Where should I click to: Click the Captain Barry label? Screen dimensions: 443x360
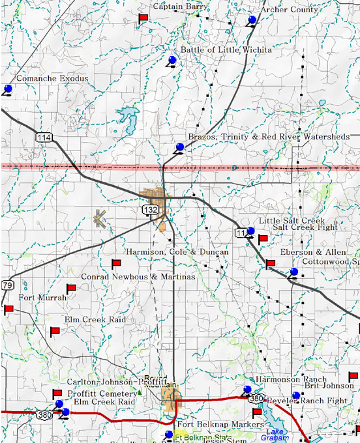[181, 7]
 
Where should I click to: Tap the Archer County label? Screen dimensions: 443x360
[289, 10]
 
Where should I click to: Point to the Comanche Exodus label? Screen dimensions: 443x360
[52, 79]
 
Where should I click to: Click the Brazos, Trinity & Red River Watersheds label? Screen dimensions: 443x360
[269, 137]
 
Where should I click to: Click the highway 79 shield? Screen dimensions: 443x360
[7, 285]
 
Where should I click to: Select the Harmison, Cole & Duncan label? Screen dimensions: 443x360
[177, 251]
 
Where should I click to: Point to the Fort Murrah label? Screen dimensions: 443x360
[43, 298]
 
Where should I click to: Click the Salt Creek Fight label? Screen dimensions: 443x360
[305, 227]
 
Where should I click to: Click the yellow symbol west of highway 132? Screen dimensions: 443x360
[99, 218]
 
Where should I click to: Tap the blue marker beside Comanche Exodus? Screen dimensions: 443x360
[8, 89]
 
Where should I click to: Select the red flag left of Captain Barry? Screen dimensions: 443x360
[143, 18]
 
